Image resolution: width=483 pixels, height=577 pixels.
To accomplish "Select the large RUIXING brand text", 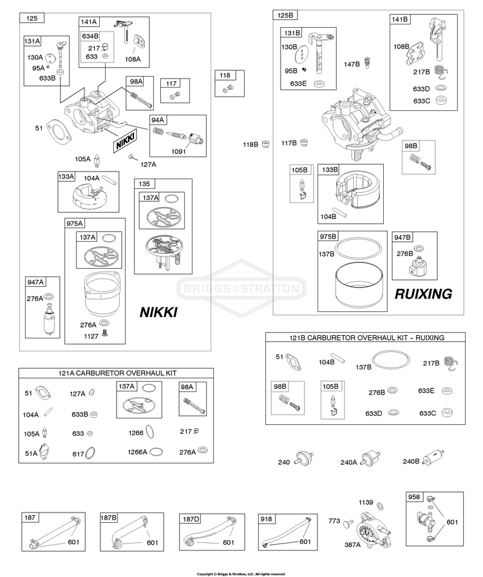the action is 423,293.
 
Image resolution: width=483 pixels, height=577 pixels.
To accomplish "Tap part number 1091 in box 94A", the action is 178,152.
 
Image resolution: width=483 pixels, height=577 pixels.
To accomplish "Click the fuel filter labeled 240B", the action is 433,458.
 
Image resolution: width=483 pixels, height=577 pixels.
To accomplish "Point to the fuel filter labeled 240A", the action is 370,458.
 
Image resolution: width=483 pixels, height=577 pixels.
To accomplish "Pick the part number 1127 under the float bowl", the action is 91,336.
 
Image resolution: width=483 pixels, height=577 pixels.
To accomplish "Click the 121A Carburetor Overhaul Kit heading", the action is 117,373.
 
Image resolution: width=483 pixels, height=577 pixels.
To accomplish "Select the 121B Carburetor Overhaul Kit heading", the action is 366,337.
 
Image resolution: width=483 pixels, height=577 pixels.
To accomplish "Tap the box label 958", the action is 414,497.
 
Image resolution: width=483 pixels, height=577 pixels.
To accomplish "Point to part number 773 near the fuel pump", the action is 334,521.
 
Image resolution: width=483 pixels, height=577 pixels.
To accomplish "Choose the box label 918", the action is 266,519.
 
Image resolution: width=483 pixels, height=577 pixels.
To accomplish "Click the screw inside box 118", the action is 228,88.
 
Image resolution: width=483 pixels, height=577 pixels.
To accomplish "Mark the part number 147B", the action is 352,64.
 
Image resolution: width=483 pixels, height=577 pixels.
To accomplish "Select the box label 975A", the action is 75,223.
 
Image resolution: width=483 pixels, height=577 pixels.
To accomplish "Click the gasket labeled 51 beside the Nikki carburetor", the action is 59,132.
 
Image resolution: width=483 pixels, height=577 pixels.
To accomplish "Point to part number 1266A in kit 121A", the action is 137,452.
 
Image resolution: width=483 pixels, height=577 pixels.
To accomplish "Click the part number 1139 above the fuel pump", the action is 366,502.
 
